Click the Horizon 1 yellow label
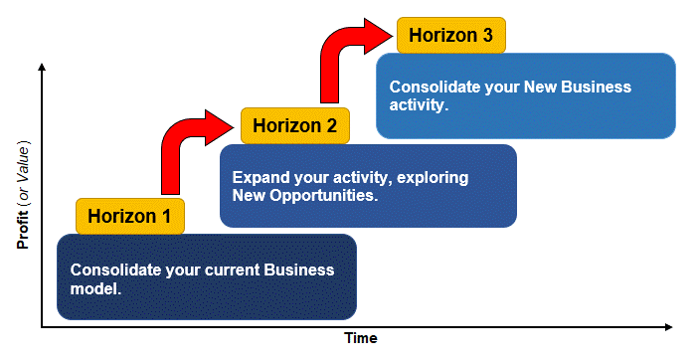(x=130, y=215)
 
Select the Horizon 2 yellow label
(x=295, y=125)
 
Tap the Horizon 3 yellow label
(x=451, y=35)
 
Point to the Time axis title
(x=361, y=338)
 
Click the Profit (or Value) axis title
(x=21, y=195)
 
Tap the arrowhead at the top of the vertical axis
(x=42, y=67)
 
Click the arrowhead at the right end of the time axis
(x=671, y=325)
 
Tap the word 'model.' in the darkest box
(x=95, y=288)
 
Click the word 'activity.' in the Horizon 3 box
(x=419, y=104)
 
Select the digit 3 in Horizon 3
(x=487, y=35)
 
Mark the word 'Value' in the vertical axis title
(x=21, y=163)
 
